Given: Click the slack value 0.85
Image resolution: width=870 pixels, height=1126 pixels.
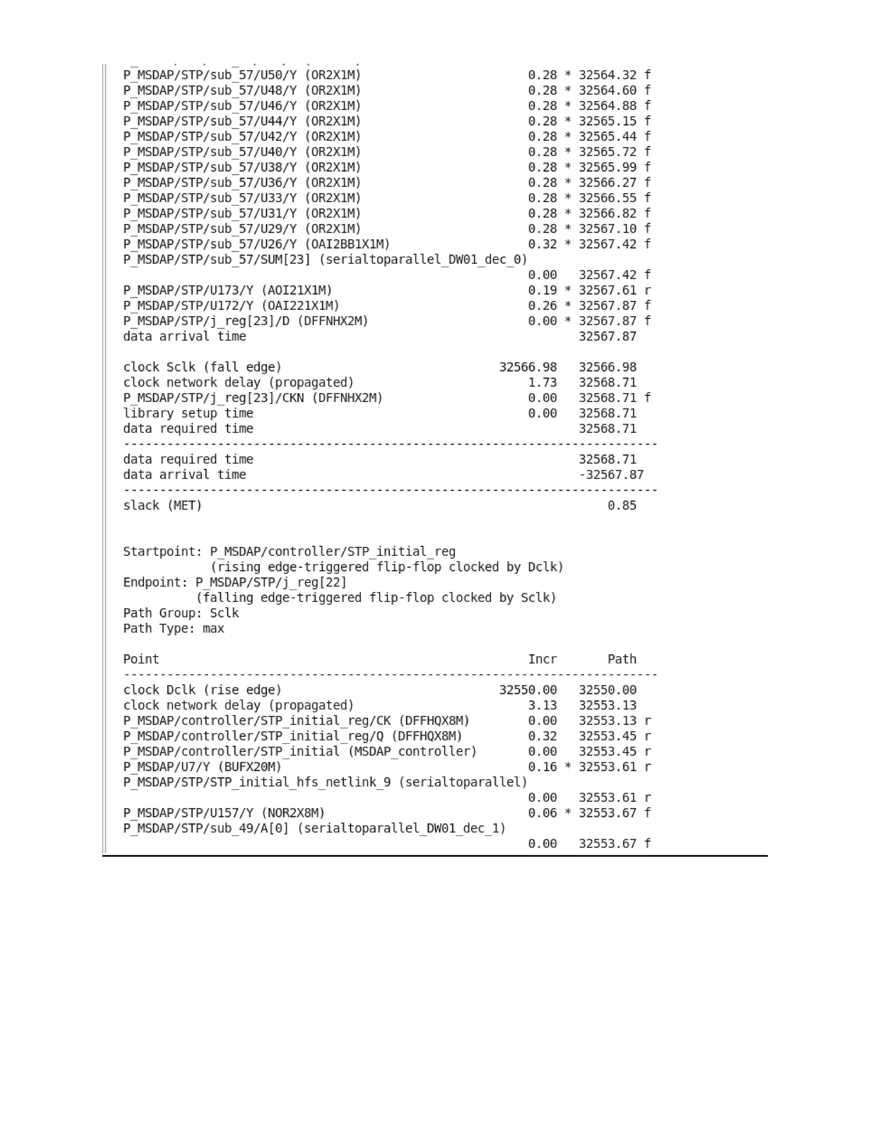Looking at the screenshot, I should [x=621, y=506].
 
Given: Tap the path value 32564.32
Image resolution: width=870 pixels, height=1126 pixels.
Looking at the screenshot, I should [x=607, y=75].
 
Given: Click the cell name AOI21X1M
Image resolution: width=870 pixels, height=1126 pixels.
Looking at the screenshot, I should [x=299, y=291].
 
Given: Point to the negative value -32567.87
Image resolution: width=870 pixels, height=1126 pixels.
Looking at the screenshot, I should [x=611, y=475].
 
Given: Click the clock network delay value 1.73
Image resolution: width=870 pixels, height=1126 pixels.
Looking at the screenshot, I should [x=542, y=382].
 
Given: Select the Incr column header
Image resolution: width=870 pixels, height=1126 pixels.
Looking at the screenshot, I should [x=542, y=659].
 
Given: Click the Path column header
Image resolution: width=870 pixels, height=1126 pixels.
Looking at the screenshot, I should [x=621, y=659].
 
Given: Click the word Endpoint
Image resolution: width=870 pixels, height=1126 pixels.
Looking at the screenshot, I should [x=155, y=583].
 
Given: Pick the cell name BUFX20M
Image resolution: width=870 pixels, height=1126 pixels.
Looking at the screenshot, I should [x=253, y=767].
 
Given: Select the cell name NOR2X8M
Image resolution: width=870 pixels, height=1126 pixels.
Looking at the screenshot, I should [x=293, y=813].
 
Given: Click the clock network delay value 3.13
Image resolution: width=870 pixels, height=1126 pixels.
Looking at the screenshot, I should [x=542, y=705].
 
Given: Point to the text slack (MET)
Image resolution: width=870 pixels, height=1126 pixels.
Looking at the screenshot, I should [x=162, y=506].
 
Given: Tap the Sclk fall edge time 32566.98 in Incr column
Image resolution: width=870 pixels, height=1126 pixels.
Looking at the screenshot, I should [x=528, y=368].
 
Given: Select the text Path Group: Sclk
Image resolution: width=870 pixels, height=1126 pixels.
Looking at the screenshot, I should [x=181, y=614].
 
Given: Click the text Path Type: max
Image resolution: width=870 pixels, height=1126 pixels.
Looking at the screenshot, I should [x=174, y=628].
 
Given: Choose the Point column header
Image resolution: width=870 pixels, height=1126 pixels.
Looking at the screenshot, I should [x=141, y=659].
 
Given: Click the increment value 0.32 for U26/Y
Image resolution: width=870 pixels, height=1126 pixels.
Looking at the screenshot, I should [x=542, y=244].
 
